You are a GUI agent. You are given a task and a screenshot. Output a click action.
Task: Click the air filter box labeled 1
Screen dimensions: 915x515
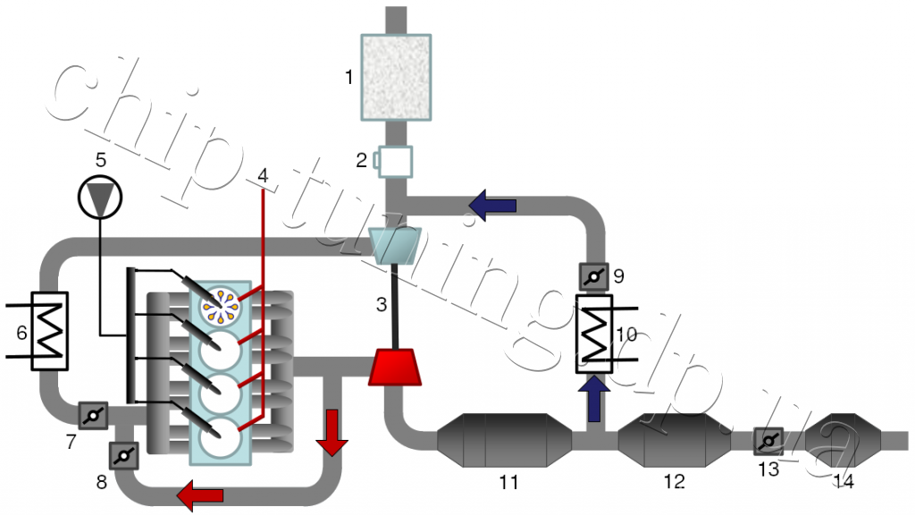point(396,77)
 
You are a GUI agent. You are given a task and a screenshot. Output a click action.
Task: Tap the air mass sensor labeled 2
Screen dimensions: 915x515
point(394,161)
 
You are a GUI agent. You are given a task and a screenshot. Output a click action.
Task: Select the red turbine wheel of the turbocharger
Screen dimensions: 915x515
point(394,367)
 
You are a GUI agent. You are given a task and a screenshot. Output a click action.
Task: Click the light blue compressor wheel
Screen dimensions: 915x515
point(395,245)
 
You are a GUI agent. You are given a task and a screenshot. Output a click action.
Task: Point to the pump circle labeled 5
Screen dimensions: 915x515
point(100,197)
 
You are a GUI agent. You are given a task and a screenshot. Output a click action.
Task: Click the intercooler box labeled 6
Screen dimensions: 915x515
point(50,331)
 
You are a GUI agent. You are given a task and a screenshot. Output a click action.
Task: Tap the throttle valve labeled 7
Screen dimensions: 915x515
point(93,415)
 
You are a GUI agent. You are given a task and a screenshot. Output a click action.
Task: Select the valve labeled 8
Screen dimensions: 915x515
point(123,455)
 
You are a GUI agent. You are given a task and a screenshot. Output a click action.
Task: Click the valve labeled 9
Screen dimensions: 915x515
point(594,277)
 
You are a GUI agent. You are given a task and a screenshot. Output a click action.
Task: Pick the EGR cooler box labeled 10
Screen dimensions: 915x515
point(594,333)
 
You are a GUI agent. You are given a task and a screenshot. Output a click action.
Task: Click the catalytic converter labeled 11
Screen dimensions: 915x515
point(505,440)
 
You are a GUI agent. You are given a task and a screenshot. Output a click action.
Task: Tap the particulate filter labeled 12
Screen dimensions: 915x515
point(675,440)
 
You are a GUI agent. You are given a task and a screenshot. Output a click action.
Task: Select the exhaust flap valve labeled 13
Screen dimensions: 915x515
point(768,442)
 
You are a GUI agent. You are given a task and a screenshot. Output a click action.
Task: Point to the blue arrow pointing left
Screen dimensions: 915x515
point(492,205)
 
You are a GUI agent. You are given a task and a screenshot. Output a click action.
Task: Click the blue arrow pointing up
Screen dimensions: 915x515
point(594,399)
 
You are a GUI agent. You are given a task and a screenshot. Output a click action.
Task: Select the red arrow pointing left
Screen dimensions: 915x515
point(200,495)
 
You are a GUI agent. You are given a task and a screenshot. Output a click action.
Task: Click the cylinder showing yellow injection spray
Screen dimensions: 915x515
point(220,306)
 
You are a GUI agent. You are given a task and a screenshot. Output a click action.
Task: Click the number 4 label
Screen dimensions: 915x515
point(263,175)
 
